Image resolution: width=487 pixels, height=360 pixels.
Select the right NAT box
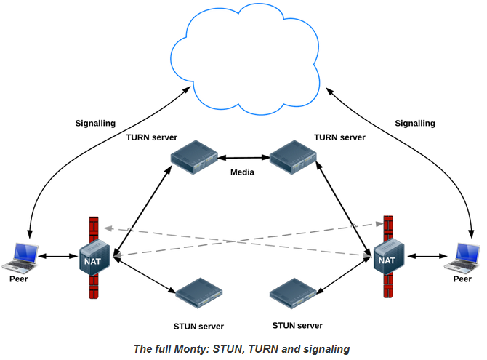point(387,259)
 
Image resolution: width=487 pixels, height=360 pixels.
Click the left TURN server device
point(194,158)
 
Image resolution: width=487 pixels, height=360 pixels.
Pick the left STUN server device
point(198,291)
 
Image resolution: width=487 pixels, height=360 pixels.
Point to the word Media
point(242,172)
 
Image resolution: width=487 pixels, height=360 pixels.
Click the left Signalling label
point(95,124)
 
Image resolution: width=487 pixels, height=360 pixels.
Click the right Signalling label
point(415,124)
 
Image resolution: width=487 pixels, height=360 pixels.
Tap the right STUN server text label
point(297,325)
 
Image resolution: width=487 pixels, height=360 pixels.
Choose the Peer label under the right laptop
point(462,279)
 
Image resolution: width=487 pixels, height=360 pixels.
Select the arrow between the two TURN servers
point(243,156)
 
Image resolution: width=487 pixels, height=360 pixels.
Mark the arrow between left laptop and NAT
point(58,257)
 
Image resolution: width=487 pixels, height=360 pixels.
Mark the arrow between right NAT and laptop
point(425,257)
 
